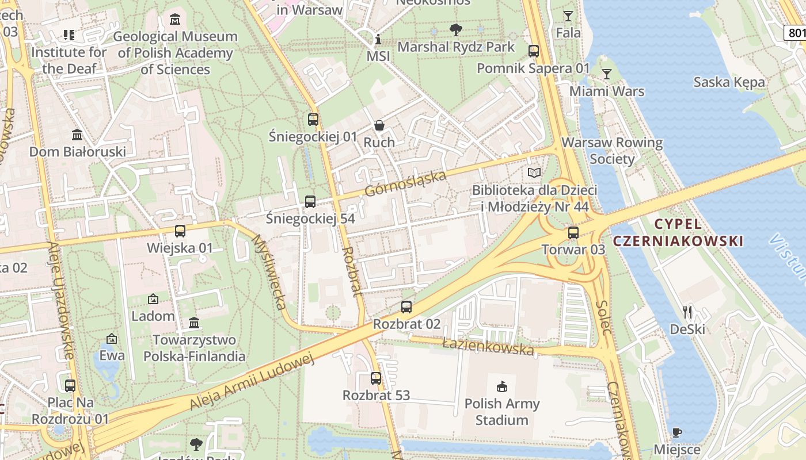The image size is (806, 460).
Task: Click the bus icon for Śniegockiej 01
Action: point(313,120)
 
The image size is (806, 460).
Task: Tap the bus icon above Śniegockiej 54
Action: point(310,202)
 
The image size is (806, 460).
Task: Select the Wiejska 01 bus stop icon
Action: point(180,231)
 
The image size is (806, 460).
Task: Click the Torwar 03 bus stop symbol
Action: point(573,233)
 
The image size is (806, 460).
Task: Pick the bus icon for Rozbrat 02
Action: point(406,307)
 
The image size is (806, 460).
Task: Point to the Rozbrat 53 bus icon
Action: point(376,378)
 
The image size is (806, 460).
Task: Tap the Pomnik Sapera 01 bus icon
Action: point(534,51)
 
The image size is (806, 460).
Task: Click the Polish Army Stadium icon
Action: point(502,386)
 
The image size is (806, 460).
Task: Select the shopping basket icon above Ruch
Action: point(379,125)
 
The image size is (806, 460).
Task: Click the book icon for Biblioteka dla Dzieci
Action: point(534,172)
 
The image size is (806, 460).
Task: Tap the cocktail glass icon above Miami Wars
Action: point(606,74)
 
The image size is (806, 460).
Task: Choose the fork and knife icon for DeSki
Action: point(687,312)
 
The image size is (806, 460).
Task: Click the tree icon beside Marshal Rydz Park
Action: point(456,29)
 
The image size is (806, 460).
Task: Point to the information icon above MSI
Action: point(378,40)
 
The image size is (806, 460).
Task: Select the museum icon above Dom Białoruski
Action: point(77,135)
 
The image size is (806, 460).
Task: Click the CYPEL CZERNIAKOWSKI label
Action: point(678,233)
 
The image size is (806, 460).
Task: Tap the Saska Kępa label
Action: point(729,82)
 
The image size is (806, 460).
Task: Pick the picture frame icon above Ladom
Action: point(153,299)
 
